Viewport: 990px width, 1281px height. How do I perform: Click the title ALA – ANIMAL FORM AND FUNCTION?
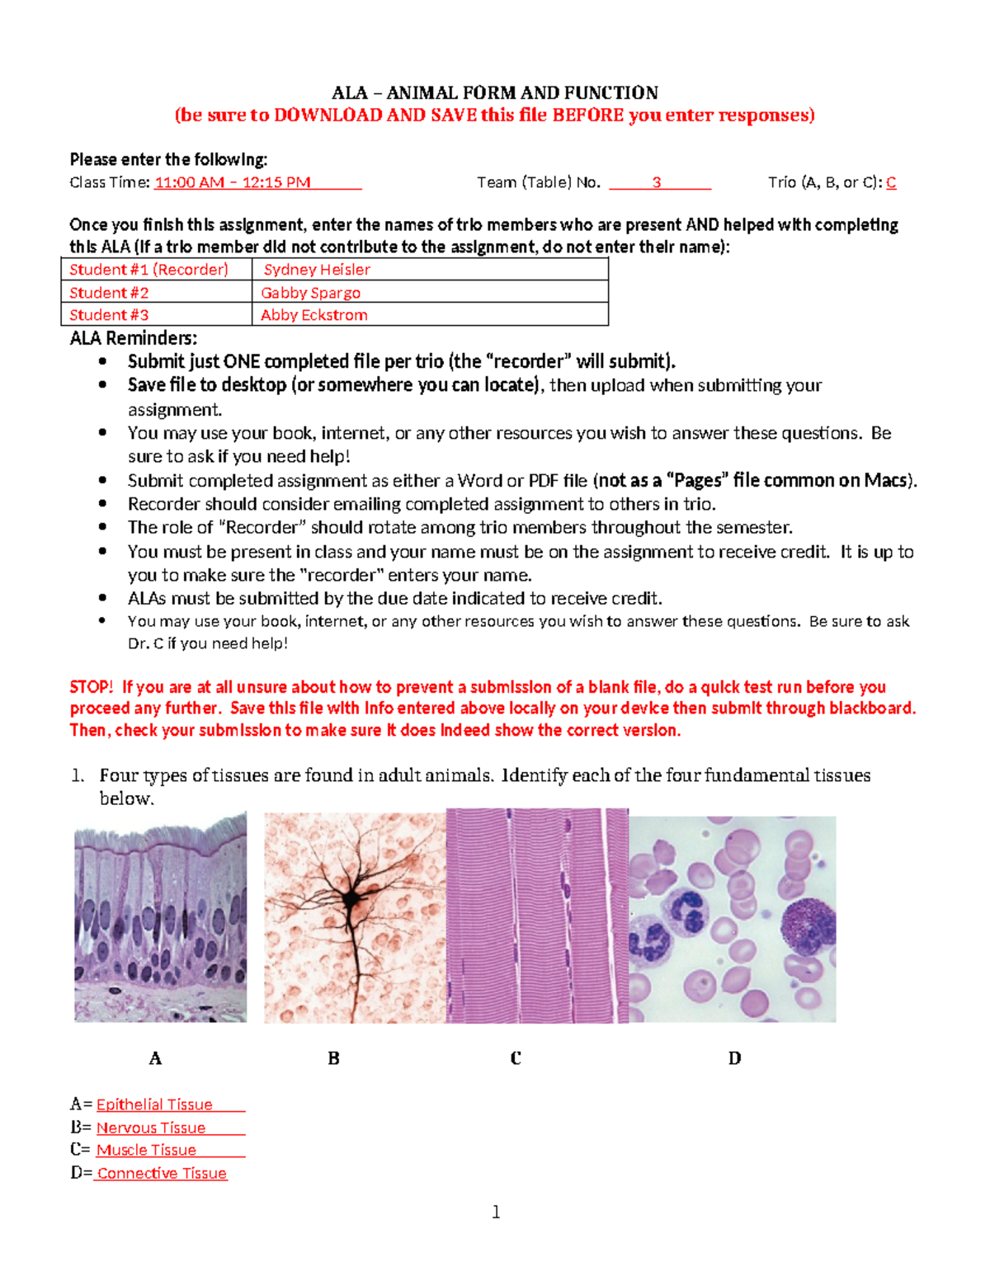(494, 92)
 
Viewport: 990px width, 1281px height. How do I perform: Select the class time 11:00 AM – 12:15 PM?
(232, 182)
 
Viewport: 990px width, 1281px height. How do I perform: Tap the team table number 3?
(657, 182)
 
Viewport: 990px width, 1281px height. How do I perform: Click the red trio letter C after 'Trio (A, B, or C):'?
(891, 182)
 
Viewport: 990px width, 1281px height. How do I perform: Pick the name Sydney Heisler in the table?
(317, 270)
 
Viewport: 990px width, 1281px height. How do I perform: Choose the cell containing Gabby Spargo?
(310, 293)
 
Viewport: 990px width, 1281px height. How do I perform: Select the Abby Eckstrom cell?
(313, 315)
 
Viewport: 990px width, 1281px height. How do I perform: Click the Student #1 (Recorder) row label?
(148, 270)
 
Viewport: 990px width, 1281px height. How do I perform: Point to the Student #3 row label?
(109, 315)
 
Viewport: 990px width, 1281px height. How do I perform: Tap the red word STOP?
(91, 687)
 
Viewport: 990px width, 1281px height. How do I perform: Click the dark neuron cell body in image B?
(352, 899)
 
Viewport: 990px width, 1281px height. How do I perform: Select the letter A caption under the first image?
(155, 1058)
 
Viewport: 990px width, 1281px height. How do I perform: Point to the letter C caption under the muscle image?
(516, 1058)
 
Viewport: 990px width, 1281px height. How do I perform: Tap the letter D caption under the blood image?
(734, 1058)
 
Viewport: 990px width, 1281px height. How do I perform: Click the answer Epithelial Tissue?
(154, 1104)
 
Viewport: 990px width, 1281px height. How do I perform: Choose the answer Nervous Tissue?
(151, 1128)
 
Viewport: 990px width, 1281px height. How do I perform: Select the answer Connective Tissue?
(162, 1173)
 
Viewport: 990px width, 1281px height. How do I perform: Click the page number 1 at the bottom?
(496, 1212)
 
